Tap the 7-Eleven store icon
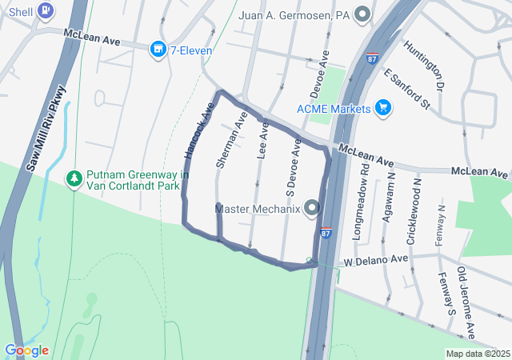[x=158, y=50]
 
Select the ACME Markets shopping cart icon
[x=382, y=107]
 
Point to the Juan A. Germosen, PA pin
[x=363, y=14]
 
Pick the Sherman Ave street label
[x=230, y=139]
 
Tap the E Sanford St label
[x=407, y=89]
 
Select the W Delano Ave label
[x=376, y=260]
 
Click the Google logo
[x=26, y=350]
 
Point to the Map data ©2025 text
[x=477, y=354]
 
